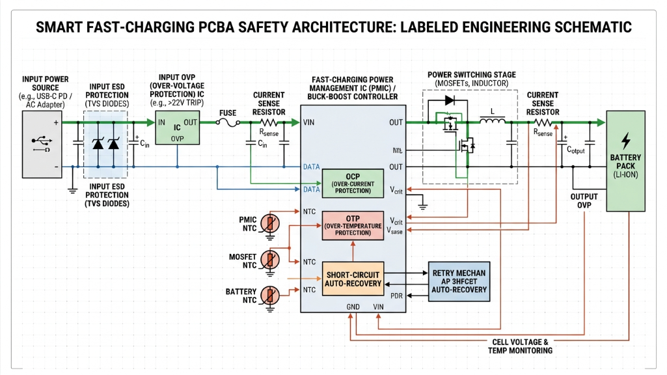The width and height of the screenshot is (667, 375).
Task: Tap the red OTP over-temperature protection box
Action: [352, 225]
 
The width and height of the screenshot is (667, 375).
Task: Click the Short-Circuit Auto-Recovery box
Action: [352, 278]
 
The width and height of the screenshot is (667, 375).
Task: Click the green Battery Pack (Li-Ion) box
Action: [625, 161]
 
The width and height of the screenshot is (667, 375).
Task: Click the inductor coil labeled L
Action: [494, 120]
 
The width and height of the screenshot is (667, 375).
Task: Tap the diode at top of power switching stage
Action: [448, 101]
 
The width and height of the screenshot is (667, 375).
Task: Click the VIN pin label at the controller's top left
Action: [310, 122]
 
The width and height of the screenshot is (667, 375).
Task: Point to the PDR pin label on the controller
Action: [396, 296]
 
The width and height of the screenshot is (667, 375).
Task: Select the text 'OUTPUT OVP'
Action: [584, 201]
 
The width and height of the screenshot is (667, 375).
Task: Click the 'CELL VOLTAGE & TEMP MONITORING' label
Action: [520, 346]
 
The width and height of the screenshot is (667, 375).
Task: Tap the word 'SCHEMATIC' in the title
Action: [586, 27]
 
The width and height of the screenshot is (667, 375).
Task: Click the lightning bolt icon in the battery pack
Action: [626, 141]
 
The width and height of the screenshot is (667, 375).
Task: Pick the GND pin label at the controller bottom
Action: [351, 307]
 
